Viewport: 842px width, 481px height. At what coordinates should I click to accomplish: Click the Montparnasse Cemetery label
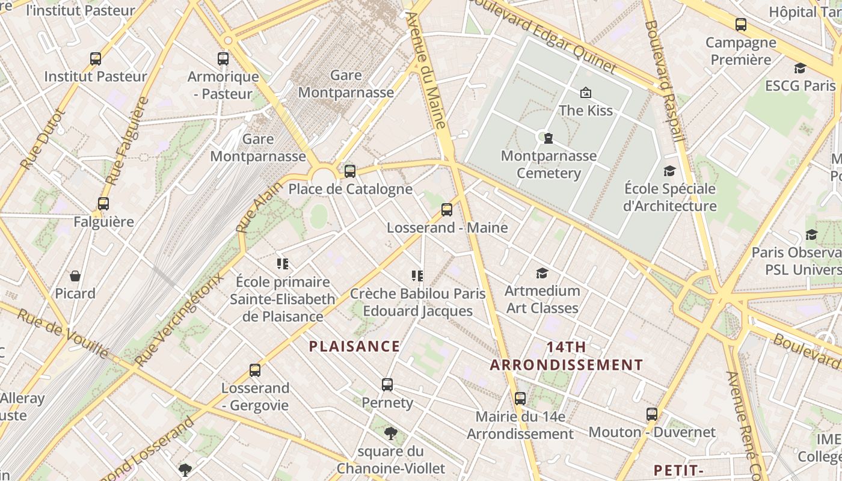(x=549, y=165)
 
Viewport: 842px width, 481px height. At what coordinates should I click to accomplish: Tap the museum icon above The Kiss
(x=585, y=93)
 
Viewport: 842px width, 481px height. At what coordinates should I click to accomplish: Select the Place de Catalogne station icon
(x=350, y=171)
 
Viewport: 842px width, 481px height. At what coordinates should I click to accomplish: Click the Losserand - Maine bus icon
(x=446, y=210)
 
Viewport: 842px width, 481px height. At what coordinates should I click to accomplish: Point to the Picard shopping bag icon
(x=75, y=276)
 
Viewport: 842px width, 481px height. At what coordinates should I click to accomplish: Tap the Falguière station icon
(x=103, y=204)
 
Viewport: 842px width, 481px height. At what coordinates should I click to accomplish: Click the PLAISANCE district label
(x=354, y=346)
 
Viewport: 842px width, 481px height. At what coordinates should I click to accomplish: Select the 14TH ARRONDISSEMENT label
(x=566, y=356)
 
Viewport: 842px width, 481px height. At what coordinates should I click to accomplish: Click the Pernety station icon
(x=387, y=385)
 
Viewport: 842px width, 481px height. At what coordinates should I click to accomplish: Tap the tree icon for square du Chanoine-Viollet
(x=391, y=433)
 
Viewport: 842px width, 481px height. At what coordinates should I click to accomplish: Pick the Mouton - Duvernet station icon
(x=652, y=414)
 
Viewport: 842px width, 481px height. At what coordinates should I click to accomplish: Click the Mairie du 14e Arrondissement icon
(x=520, y=399)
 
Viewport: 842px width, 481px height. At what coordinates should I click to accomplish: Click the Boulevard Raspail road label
(x=664, y=81)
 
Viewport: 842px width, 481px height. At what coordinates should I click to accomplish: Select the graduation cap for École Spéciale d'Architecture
(x=669, y=171)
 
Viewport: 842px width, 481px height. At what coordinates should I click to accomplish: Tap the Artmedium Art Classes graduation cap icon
(x=542, y=274)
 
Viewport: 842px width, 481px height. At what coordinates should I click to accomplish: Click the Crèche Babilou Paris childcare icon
(x=417, y=276)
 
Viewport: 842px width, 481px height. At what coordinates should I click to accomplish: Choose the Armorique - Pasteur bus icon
(x=223, y=59)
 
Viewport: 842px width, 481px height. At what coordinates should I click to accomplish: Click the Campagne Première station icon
(x=741, y=25)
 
